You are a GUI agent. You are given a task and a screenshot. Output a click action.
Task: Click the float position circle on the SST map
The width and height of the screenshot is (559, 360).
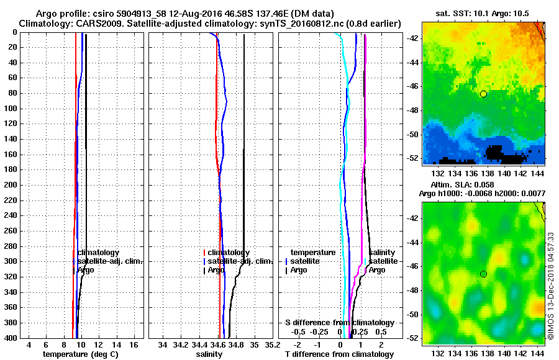tap(483, 94)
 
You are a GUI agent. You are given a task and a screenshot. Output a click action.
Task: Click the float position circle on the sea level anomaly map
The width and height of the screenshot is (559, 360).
tap(483, 274)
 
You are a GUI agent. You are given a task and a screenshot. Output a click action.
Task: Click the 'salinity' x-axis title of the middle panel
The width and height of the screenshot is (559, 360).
tap(209, 354)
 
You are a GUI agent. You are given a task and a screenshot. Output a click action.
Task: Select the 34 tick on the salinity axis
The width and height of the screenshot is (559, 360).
tap(163, 344)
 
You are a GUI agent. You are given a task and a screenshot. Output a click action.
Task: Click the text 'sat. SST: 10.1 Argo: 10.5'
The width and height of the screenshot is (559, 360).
tap(483, 13)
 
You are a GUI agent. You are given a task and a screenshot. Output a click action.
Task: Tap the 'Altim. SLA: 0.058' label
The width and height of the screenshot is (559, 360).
tap(464, 185)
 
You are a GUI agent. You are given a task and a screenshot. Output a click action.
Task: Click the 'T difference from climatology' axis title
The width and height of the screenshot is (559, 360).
tap(339, 354)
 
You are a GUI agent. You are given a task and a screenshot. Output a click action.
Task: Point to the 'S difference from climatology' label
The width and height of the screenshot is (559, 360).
tap(339, 323)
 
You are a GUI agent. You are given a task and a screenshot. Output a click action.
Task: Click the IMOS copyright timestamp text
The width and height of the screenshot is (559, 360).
tap(551, 286)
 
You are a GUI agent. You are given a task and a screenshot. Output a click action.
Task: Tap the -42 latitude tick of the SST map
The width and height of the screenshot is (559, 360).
tap(412, 38)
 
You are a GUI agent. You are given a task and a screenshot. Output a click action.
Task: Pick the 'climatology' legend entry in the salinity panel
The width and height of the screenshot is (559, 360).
tap(229, 253)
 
